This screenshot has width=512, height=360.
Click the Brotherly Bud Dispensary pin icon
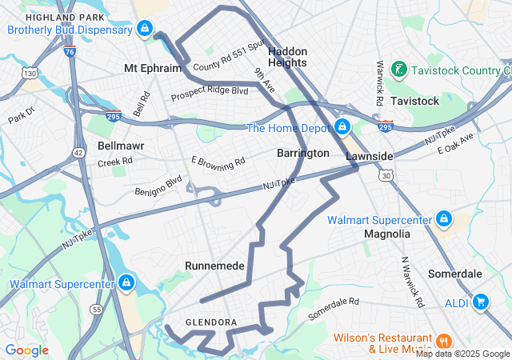click(144, 30)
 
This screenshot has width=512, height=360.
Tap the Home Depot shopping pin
click(342, 127)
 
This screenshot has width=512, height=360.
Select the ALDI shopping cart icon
click(480, 302)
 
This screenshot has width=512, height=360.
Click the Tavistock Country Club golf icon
click(397, 70)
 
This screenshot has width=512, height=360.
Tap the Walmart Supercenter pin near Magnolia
click(443, 218)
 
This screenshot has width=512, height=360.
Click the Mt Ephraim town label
click(153, 68)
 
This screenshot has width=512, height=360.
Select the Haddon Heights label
click(287, 56)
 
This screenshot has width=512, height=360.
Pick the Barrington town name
click(302, 153)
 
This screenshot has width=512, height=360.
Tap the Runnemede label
click(214, 265)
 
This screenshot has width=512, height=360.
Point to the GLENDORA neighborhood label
click(211, 322)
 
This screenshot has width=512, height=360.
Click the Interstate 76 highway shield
click(70, 51)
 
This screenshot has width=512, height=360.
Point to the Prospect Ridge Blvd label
click(210, 94)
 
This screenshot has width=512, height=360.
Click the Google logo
click(26, 350)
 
